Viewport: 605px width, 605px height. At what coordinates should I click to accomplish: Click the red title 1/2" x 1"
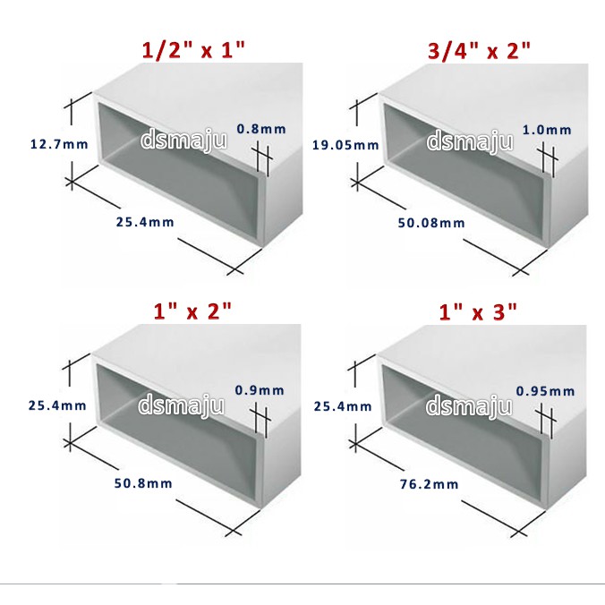tap(193, 50)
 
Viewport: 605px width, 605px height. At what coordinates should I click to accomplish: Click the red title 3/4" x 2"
tap(479, 50)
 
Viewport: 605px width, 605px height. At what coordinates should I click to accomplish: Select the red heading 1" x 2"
tap(192, 311)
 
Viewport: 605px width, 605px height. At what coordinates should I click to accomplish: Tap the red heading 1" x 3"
tap(478, 311)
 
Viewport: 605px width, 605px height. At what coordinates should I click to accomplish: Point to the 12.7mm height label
tap(59, 144)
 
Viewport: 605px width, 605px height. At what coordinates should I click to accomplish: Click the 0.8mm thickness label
tap(261, 129)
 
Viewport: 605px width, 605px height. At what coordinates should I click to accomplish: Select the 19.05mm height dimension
tap(345, 145)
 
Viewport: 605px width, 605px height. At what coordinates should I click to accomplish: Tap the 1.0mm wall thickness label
tap(547, 130)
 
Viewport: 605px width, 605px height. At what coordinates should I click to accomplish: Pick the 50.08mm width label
tap(431, 223)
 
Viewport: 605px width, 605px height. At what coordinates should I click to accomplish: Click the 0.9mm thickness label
tap(260, 390)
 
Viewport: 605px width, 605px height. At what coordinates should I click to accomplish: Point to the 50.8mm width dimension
tap(143, 483)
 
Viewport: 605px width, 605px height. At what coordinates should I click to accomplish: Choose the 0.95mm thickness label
tap(546, 391)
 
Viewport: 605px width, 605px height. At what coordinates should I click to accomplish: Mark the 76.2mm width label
tap(429, 484)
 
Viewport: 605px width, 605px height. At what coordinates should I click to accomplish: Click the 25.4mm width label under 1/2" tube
tap(145, 222)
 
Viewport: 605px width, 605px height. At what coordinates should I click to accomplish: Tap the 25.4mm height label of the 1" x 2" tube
tap(57, 405)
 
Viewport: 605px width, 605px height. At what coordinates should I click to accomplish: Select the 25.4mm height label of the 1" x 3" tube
tap(343, 406)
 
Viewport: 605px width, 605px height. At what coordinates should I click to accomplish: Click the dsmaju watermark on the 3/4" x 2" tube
tap(470, 141)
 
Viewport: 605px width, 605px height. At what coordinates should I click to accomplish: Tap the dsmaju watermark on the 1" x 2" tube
tap(182, 405)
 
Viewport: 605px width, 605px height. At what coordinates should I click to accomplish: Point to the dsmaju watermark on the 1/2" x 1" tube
tap(183, 140)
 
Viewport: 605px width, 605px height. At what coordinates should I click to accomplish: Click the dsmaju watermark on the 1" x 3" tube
tap(469, 406)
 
